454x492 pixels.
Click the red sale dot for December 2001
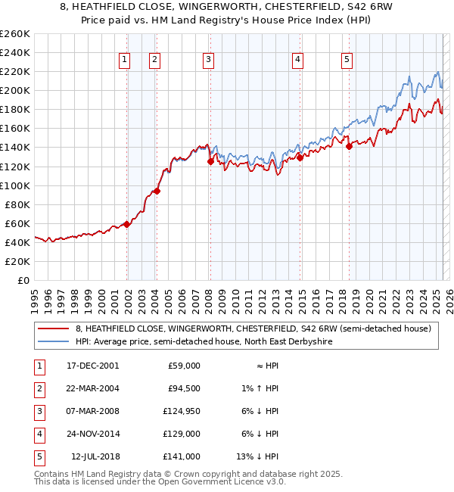(127, 224)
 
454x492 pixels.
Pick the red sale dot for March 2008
(210, 161)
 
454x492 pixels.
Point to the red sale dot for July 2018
(349, 146)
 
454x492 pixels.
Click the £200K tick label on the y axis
(14, 90)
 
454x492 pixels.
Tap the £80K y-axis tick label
(17, 204)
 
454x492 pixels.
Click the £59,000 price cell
(182, 366)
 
